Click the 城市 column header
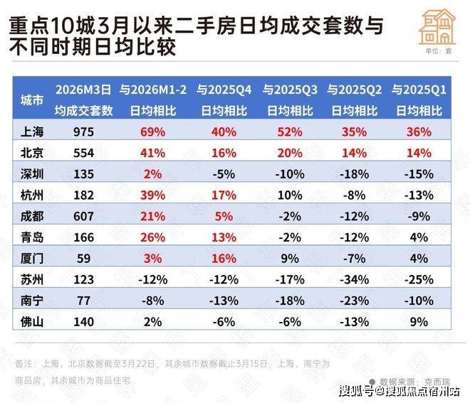tap(33, 100)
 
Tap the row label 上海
tap(33, 131)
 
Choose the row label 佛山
tap(33, 322)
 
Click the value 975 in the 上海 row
tap(84, 131)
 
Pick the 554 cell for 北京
tap(84, 153)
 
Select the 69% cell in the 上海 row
tap(152, 131)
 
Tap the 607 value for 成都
tap(84, 216)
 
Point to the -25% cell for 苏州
tap(418, 280)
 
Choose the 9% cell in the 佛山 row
tap(418, 322)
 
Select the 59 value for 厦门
tap(84, 259)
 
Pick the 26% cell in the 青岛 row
tap(152, 237)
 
